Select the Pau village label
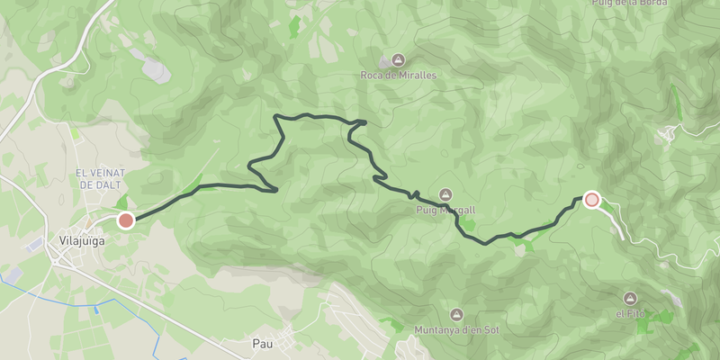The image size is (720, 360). tap(262, 344)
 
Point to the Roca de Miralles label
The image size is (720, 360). tap(398, 76)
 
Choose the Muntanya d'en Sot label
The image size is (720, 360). tap(455, 329)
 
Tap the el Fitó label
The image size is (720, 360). tap(630, 313)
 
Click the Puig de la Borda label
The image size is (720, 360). tap(629, 3)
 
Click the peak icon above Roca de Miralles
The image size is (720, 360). tap(398, 60)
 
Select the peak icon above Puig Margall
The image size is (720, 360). tap(445, 194)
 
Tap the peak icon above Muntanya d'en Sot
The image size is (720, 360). tap(455, 314)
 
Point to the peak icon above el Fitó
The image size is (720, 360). tap(630, 298)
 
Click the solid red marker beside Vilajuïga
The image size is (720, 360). tap(126, 220)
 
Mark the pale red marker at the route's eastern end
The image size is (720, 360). tap(591, 200)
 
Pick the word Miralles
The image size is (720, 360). tap(416, 76)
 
